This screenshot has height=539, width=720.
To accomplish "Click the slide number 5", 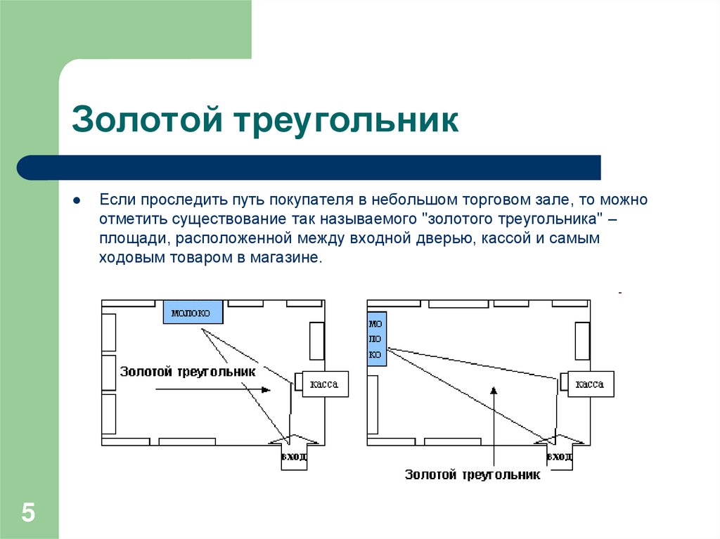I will click(28, 512).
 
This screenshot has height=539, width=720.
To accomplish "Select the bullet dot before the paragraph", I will click(77, 200).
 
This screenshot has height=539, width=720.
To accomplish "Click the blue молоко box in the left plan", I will click(193, 311).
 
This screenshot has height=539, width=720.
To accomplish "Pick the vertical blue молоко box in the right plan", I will click(377, 339).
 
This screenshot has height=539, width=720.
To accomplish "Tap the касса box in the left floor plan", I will click(325, 384).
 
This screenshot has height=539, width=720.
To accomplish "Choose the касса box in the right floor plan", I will click(590, 384).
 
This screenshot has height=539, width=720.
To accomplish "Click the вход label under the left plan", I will click(294, 457).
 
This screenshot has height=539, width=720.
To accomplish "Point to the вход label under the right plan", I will click(560, 457).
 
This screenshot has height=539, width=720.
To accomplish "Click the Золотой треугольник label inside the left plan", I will click(188, 372).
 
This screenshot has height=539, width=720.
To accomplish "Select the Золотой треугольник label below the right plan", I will click(472, 475).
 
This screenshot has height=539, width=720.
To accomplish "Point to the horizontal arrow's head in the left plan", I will click(266, 389).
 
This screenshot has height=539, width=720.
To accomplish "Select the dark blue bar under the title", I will click(309, 167).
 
